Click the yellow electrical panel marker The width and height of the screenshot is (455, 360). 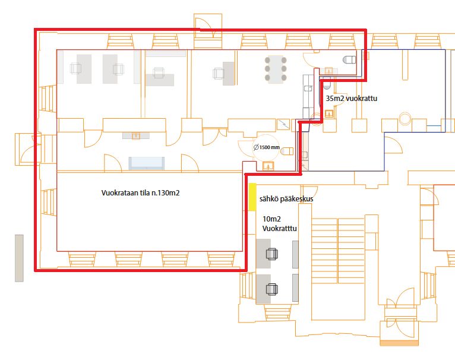tap(252, 197)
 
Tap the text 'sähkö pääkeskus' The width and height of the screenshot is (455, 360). tap(286, 199)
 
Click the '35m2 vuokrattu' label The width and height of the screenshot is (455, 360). tap(352, 99)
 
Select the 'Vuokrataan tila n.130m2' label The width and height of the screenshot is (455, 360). tap(140, 193)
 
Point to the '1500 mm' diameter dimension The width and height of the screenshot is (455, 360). tap(267, 147)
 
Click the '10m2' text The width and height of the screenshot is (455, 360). tap(271, 219)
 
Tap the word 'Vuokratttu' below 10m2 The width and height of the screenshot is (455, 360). tap(279, 229)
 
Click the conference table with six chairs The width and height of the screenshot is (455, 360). tap(276, 69)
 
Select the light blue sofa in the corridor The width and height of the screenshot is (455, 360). tap(147, 163)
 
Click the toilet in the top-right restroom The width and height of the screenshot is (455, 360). tap(349, 60)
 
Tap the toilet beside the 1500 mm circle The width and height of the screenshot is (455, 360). tap(287, 151)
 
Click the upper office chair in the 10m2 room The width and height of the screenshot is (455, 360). tap(272, 254)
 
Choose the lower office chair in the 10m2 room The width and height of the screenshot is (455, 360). tap(272, 289)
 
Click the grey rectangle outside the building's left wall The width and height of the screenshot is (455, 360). tap(19, 258)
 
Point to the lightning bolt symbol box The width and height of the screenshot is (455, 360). tap(283, 125)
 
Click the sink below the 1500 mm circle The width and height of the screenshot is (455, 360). tap(268, 166)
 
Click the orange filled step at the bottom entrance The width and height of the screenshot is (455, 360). tap(399, 343)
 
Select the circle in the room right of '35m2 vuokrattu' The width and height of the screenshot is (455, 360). tap(405, 118)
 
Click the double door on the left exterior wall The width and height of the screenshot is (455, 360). tap(29, 149)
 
